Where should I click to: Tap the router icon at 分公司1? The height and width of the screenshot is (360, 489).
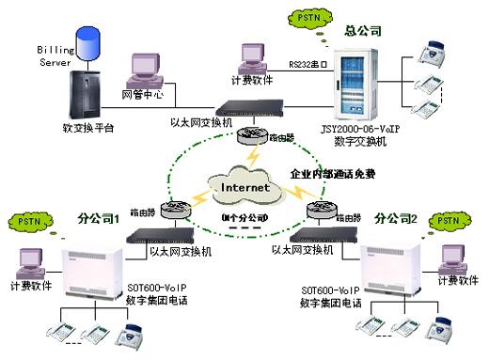tap(177, 209)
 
